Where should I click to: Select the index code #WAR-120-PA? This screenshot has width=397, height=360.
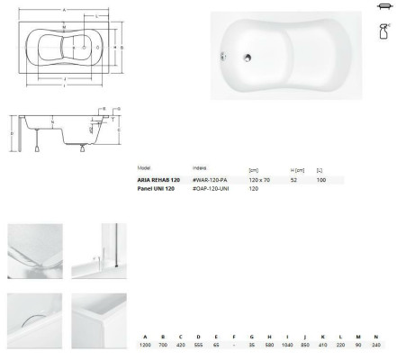tap(211, 180)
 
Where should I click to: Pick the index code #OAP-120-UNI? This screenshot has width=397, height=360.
tap(212, 189)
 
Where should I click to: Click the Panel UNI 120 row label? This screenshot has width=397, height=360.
tap(158, 189)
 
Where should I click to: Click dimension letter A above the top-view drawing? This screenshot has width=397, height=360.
tap(63, 9)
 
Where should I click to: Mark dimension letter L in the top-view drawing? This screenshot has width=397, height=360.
tap(97, 17)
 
